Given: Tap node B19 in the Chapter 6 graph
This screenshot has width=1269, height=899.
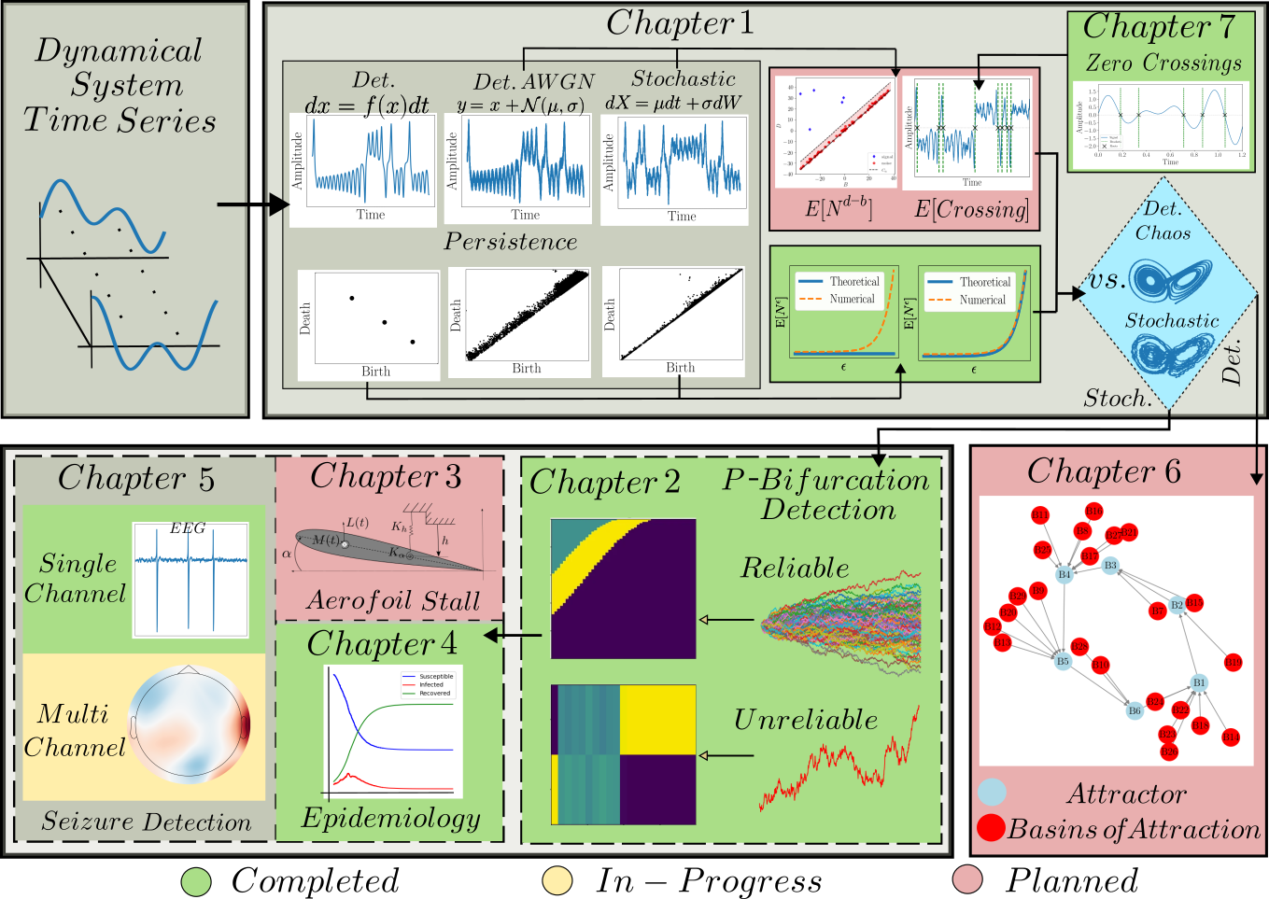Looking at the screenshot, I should (1233, 663).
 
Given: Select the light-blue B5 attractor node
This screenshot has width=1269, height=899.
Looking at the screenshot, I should (1063, 661).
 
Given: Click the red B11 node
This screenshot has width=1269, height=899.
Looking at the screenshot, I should (1040, 515).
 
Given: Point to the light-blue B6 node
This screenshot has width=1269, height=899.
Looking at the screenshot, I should (1135, 710).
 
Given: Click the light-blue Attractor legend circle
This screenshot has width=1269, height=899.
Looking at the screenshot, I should (993, 793).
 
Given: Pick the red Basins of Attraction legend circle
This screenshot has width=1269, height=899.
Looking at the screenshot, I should (991, 827).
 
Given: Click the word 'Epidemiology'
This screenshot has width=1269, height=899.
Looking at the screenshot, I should (390, 819).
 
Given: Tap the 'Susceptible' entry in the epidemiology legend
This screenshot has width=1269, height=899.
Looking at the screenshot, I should (435, 676).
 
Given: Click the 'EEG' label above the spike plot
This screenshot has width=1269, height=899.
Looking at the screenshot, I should (187, 528).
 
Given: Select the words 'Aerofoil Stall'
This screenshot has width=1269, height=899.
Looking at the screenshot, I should (392, 601).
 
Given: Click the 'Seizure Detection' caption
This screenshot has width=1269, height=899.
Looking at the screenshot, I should (147, 822).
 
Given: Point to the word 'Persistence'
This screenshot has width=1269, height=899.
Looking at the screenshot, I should (511, 242).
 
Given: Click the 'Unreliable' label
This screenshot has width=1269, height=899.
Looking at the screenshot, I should (806, 720).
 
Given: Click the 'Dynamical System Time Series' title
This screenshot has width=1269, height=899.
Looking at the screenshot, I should (120, 86).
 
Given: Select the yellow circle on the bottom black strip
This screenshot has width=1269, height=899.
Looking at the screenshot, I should (557, 880).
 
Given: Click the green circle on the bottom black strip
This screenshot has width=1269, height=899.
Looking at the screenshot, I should (196, 880).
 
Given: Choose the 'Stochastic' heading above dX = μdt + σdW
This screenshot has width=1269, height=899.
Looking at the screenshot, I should (684, 79).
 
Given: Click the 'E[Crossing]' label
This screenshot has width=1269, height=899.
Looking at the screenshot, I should (971, 209).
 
